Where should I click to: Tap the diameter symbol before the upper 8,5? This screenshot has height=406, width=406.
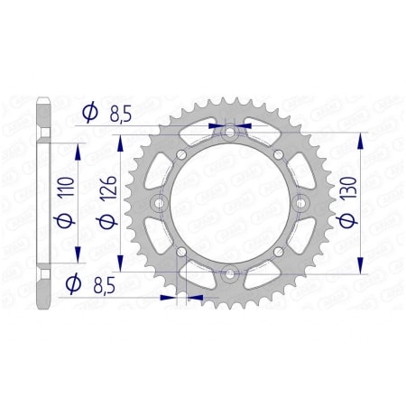coord(89,113)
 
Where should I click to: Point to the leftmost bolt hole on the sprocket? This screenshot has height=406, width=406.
coord(160,203)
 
